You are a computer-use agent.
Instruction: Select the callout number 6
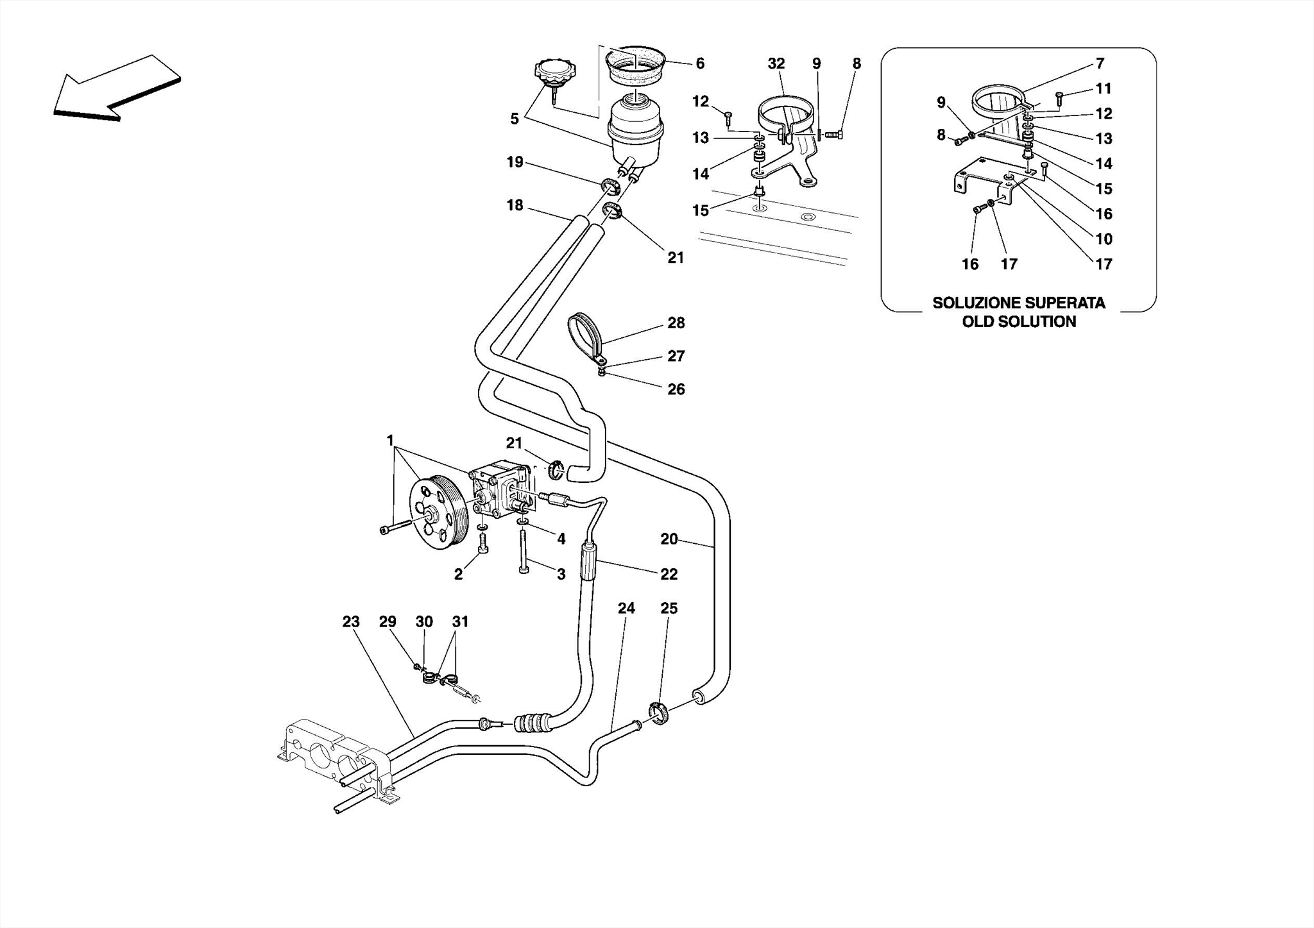[x=700, y=63]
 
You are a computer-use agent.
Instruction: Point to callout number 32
[x=776, y=63]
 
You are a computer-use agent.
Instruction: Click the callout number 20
[x=669, y=539]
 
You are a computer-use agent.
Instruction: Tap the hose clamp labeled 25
[x=658, y=714]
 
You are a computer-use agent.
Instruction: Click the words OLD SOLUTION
[x=1019, y=322]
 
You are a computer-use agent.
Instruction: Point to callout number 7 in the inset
[x=1100, y=63]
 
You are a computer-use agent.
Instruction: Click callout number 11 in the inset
[x=1104, y=89]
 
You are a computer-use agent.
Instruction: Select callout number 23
[x=351, y=621]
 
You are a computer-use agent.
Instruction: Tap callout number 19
[x=515, y=162]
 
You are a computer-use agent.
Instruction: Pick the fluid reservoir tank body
[x=636, y=132]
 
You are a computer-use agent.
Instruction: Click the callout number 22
[x=669, y=574]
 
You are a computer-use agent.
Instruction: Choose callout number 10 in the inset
[x=1104, y=239]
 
